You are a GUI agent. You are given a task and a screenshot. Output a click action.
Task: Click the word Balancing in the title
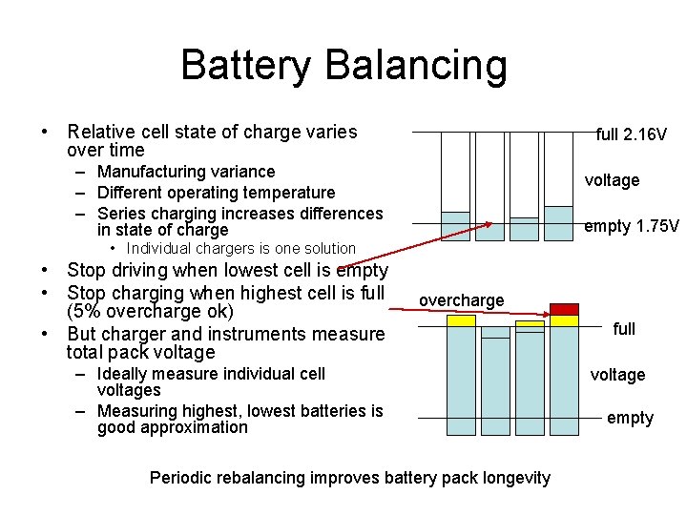416,65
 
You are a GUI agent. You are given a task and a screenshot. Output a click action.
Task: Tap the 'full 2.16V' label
631,134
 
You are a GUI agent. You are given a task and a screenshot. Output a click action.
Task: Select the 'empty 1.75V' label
631,226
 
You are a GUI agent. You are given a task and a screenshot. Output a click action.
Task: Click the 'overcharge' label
462,300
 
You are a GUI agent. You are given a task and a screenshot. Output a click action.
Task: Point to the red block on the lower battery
564,309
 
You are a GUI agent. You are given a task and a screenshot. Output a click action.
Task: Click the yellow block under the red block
564,320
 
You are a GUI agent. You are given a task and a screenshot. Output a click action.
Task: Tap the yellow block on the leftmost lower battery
462,320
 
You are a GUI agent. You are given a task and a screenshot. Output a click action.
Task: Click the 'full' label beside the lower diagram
624,329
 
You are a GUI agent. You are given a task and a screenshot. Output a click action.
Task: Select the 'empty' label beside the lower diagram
630,418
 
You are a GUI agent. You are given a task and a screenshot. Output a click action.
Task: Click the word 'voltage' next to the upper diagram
612,180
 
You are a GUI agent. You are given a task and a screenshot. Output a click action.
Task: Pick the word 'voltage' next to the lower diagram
617,375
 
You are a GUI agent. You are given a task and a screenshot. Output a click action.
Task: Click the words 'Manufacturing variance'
186,172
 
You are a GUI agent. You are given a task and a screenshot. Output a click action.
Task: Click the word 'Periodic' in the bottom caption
180,478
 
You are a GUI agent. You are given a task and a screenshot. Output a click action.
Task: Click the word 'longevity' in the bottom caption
516,478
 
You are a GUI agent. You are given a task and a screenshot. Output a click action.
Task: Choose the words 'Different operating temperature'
216,193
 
